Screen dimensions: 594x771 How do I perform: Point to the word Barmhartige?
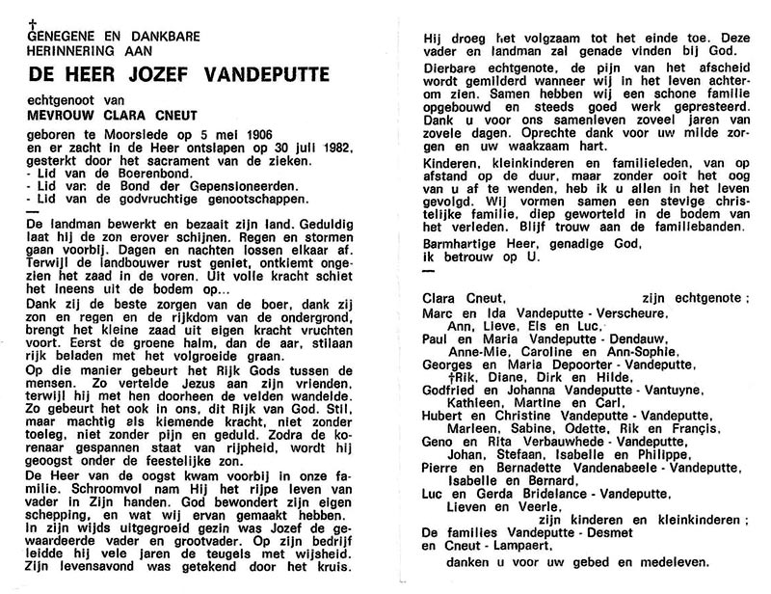(452, 244)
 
